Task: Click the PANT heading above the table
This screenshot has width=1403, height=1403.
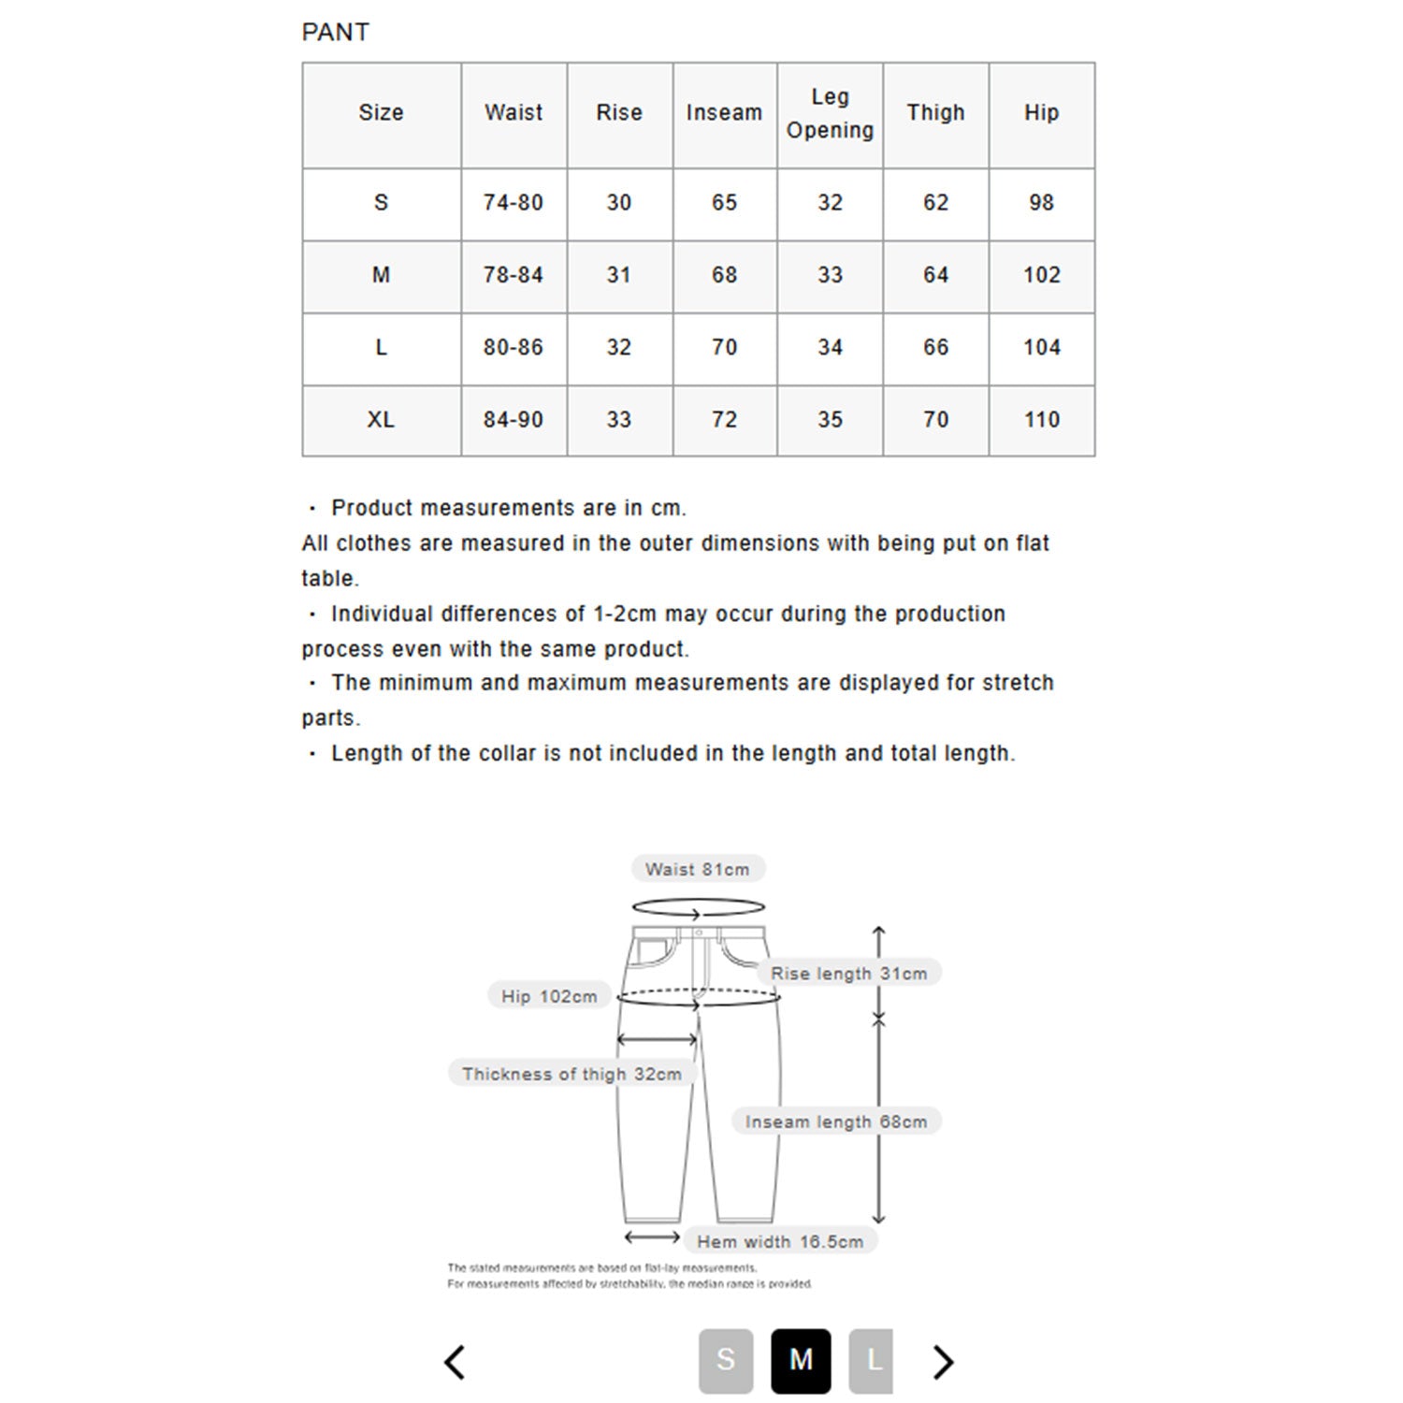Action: point(335,32)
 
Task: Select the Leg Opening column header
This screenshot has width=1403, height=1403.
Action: point(830,113)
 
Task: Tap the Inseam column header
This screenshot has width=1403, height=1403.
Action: point(724,112)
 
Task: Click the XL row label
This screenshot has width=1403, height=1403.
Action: point(381,419)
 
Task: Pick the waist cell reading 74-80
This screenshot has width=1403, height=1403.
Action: point(513,202)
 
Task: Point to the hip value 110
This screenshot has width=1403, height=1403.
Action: point(1041,419)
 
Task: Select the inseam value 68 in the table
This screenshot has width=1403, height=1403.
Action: point(724,275)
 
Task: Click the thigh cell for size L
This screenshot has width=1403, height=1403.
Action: point(935,347)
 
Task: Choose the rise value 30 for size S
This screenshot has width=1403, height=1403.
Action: point(618,202)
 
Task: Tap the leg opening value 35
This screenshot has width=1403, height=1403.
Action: point(830,419)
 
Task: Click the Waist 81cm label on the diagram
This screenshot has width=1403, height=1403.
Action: point(698,869)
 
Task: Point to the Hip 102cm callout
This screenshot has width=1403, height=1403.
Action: point(549,996)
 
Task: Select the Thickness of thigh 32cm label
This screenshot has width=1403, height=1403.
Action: point(571,1074)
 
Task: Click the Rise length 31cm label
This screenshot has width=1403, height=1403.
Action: point(848,973)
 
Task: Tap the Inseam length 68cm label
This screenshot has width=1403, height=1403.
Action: point(836,1121)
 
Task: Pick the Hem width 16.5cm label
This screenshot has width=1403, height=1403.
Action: point(780,1241)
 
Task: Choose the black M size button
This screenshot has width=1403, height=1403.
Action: point(801,1360)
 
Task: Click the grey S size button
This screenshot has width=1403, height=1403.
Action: point(726,1360)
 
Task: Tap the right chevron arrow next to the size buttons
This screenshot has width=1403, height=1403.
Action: point(944,1362)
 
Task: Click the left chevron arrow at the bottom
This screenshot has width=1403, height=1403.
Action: point(455,1362)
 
